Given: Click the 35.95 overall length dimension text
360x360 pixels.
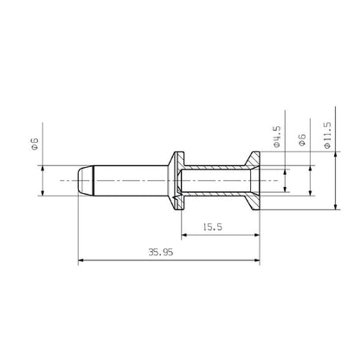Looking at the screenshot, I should click(159, 252).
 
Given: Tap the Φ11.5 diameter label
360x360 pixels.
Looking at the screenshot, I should click(326, 135).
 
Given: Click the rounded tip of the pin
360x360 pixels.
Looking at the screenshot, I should click(81, 181).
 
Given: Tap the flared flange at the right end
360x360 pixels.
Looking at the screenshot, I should click(255, 180).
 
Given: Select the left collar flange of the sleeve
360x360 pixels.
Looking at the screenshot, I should click(177, 180).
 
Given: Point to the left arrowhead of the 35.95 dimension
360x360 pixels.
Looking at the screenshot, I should click(80, 259).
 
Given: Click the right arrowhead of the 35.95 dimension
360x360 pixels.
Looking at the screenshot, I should click(260, 259).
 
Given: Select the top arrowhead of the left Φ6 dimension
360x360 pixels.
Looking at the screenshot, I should click(42, 168).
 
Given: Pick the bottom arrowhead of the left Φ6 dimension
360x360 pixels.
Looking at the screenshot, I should click(42, 194).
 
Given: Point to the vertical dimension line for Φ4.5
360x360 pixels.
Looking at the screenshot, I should click(286, 180).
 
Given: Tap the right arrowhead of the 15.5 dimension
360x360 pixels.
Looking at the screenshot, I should click(260, 235).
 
